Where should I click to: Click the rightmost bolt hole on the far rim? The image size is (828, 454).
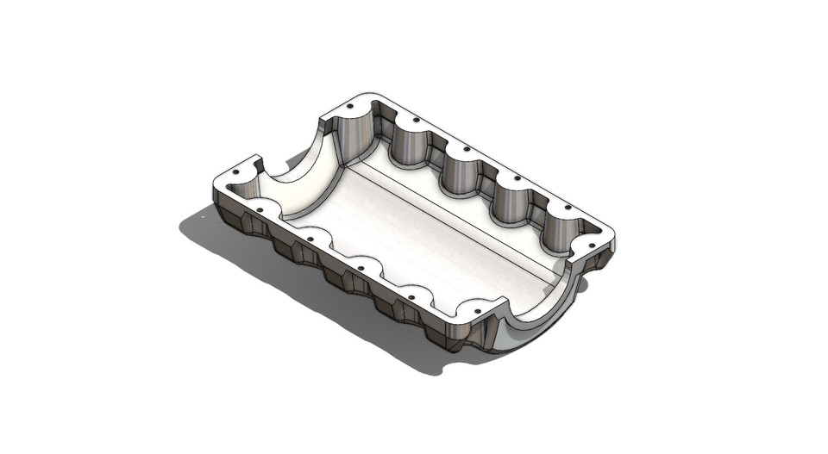(x=566, y=206)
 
